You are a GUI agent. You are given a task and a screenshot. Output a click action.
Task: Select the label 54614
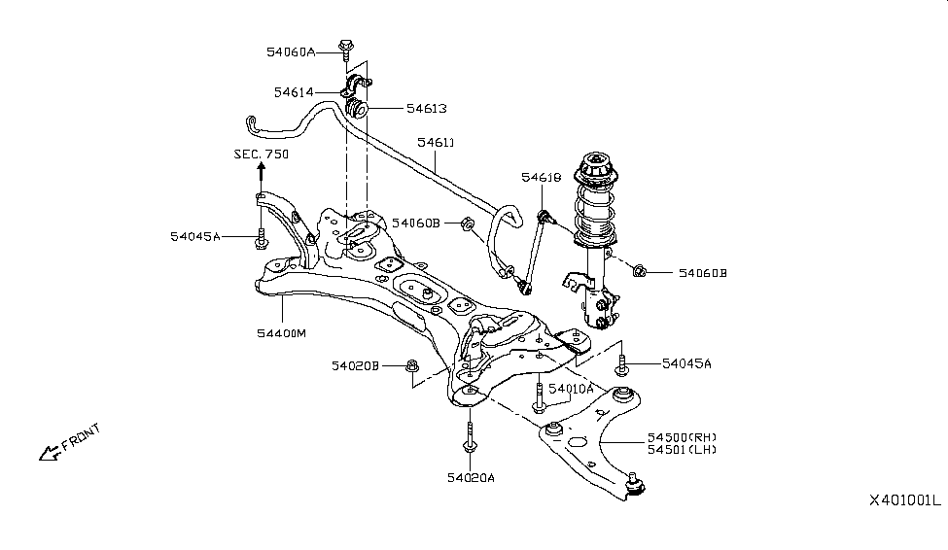coord(294,92)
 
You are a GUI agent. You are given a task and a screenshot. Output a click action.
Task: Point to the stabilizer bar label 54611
coord(436,143)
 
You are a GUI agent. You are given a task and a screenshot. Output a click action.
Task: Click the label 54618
coord(541,178)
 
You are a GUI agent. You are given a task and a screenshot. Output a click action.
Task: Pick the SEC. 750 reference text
coord(261,155)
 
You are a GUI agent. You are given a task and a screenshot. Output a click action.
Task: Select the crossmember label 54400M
coord(281,333)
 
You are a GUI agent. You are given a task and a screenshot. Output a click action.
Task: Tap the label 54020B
coord(354,365)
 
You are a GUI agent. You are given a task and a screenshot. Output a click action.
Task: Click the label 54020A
coord(472,477)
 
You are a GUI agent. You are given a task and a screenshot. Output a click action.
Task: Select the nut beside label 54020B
coord(412,365)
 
